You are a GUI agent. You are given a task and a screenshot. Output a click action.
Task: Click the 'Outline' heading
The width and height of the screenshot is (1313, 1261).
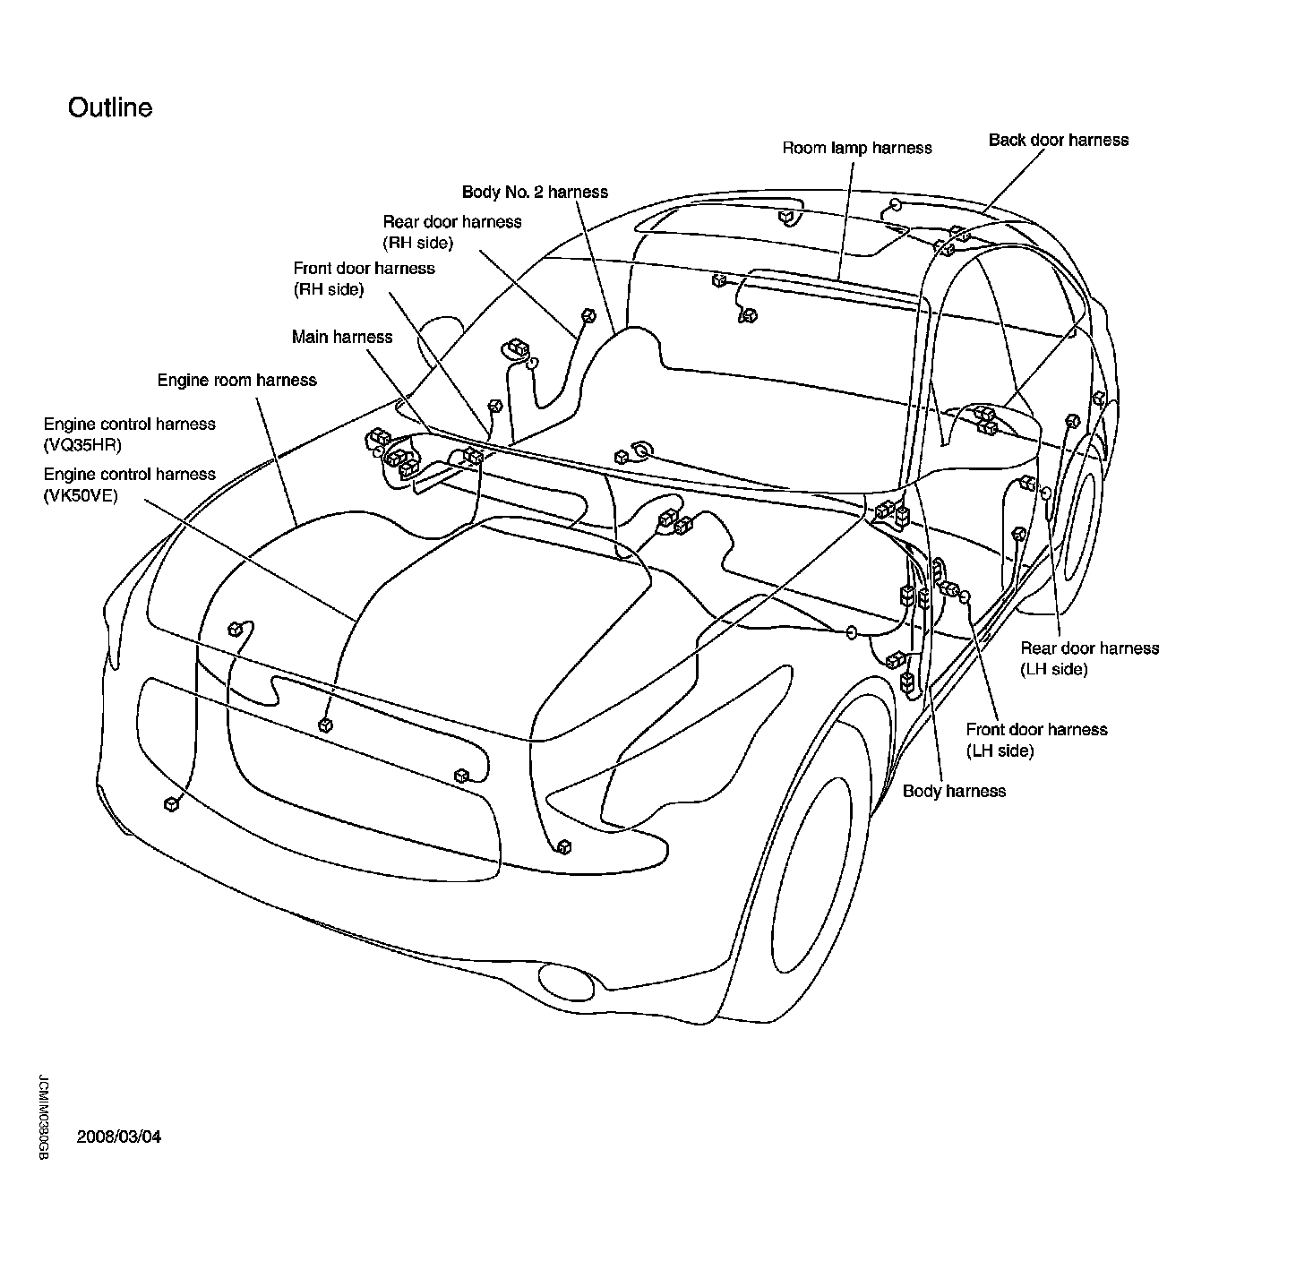[110, 107]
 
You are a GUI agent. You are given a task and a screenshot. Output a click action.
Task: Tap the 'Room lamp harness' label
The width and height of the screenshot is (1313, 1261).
[856, 148]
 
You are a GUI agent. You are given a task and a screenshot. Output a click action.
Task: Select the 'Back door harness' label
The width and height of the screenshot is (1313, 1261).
[1058, 140]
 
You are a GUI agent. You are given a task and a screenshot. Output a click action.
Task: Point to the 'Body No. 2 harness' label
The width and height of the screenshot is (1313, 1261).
[535, 192]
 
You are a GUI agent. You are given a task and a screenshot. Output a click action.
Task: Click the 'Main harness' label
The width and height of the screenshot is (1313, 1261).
[342, 337]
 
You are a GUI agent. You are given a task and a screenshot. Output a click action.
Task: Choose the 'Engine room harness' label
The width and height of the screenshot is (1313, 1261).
[236, 380]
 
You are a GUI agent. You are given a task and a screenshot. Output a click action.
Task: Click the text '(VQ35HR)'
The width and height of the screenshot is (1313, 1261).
[82, 445]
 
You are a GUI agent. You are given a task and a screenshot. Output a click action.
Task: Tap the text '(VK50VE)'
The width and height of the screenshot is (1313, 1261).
[81, 495]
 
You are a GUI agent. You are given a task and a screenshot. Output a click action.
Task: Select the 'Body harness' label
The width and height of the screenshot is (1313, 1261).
[954, 791]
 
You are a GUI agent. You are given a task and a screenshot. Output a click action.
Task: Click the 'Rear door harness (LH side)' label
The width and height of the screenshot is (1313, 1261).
[1089, 658]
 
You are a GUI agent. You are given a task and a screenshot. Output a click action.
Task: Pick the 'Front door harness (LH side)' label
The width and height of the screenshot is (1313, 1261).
[1036, 740]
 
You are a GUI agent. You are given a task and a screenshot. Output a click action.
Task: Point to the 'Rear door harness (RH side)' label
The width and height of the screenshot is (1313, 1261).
[451, 232]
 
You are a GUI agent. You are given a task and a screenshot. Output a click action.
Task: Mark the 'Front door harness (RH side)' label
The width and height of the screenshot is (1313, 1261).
[364, 279]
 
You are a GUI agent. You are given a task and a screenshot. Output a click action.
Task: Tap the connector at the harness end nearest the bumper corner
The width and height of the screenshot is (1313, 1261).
[171, 804]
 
